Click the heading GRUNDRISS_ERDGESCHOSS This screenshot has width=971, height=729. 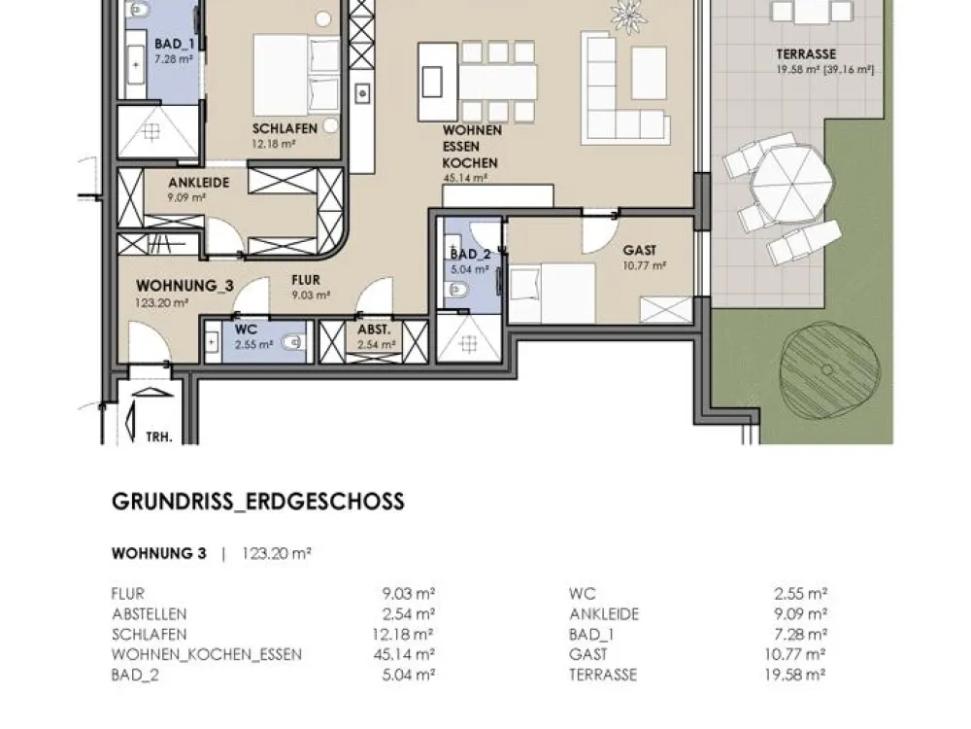coord(258,502)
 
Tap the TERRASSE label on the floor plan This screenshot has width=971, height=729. coord(806,54)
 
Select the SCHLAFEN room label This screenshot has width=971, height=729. coord(285,129)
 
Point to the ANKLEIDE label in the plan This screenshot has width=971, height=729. coord(199,183)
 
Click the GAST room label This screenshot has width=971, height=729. coord(640,251)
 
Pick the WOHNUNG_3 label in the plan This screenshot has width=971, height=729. coord(185,286)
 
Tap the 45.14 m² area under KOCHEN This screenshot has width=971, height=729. coord(465,178)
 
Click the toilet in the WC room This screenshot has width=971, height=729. coord(293,341)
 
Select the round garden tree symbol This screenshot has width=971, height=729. coord(830,369)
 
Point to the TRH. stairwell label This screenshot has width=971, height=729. coord(159,437)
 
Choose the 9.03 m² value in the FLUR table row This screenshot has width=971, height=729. coord(409,594)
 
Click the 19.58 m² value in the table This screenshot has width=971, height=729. coord(795,675)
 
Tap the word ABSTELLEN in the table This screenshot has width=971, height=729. coord(150,614)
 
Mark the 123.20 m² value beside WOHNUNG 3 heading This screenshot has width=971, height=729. coord(277,554)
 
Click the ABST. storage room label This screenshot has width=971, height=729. coord(374,330)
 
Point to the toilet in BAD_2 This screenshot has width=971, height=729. coord(457,290)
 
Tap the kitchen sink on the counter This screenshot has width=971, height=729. coord(362,94)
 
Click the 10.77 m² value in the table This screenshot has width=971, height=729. coord(795,654)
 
